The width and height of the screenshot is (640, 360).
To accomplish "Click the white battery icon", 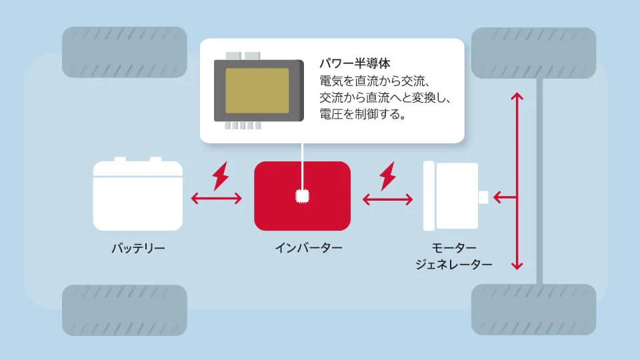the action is [x=138, y=194].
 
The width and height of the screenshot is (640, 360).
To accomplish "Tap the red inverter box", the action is [x=303, y=196].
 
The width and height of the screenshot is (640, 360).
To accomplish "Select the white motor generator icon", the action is [x=455, y=196].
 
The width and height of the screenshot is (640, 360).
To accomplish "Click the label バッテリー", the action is [x=139, y=248].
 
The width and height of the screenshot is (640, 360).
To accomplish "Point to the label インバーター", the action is [x=309, y=248].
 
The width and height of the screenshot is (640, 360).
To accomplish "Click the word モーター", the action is [x=454, y=248].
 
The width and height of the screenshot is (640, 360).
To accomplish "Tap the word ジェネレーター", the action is [x=454, y=265].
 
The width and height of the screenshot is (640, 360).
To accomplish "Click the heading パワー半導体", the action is [x=355, y=63].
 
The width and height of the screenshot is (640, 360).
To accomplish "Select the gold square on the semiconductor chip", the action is [x=257, y=91].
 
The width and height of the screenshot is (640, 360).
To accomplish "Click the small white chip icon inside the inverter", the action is [x=303, y=196].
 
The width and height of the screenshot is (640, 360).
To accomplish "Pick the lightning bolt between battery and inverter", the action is [x=221, y=176].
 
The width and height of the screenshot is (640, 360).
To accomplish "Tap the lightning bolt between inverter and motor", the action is [x=388, y=176].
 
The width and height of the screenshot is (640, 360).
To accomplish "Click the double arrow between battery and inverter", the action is [x=216, y=199].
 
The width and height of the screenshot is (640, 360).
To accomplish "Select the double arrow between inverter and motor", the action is [x=388, y=199].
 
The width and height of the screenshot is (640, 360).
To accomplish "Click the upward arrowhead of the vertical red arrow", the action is [x=517, y=96].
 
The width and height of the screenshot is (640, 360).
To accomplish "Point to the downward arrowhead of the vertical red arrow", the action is [x=517, y=266].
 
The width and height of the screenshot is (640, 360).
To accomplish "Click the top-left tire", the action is [x=125, y=52].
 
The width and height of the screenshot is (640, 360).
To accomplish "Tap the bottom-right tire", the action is [x=534, y=310].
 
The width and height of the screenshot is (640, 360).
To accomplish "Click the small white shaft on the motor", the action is [x=484, y=197].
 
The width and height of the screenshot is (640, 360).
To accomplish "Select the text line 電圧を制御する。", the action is [x=363, y=114].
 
